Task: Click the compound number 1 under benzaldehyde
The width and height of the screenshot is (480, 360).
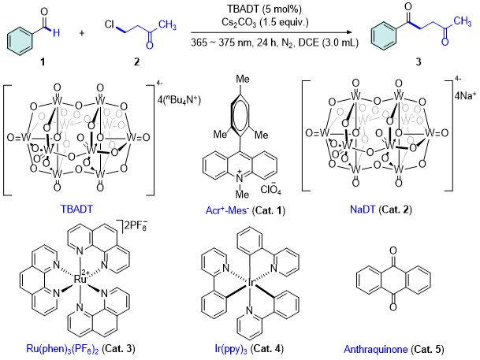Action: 43,62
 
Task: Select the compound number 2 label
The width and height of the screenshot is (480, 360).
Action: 136,62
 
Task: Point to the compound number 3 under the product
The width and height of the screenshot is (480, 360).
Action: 419,62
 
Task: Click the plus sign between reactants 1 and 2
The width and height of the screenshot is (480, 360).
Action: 82,33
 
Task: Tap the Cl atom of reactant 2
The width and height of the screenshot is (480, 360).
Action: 110,24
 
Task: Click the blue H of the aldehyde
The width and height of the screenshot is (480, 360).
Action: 56,33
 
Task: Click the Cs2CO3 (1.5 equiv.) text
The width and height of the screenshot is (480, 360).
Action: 265,23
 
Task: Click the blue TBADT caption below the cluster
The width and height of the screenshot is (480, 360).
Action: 76,209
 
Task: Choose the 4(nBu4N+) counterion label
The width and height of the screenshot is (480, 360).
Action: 179,100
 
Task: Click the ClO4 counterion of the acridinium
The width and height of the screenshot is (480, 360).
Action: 270,190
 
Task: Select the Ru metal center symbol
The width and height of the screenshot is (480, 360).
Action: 80,279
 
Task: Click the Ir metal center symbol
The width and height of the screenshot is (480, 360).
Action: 250,284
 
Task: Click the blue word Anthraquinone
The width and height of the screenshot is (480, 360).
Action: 376,349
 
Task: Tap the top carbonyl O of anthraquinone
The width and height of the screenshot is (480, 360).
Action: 393,251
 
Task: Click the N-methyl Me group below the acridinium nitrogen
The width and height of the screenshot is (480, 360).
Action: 242,194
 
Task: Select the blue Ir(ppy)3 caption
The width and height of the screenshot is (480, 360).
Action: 230,348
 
